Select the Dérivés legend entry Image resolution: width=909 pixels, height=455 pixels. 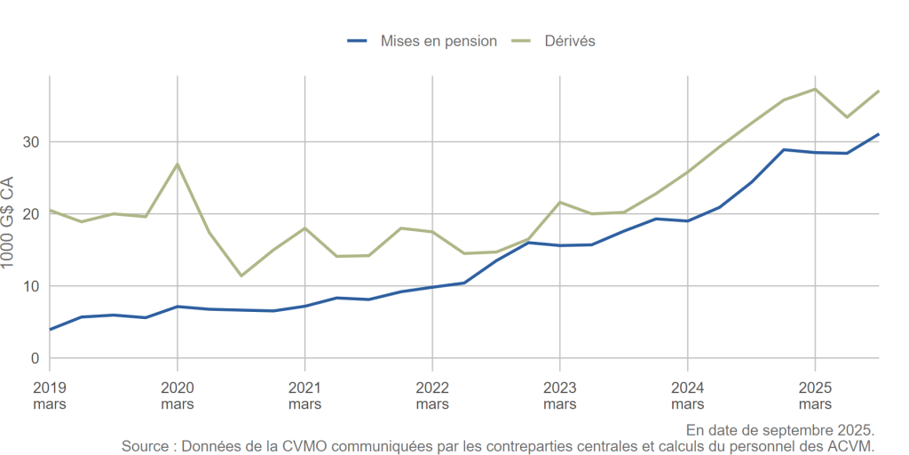(x=569, y=41)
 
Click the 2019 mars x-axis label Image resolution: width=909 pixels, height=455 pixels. (x=50, y=396)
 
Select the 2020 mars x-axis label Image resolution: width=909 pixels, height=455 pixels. (x=178, y=396)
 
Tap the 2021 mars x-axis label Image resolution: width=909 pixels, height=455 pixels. (x=304, y=396)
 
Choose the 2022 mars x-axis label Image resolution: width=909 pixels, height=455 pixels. (x=432, y=396)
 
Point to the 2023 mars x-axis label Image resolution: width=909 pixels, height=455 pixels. (x=559, y=396)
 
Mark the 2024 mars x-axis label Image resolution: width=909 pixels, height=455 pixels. (x=687, y=396)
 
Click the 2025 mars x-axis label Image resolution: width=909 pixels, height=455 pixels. (x=815, y=396)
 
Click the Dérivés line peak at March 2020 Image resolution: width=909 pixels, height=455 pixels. (x=178, y=164)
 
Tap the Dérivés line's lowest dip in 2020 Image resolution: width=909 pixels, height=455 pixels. (x=241, y=275)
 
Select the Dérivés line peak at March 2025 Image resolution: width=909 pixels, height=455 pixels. (x=815, y=89)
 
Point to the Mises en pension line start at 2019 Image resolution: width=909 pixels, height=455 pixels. (x=50, y=330)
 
